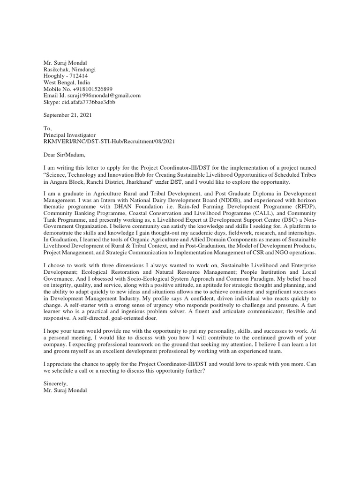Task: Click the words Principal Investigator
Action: [x=69, y=135]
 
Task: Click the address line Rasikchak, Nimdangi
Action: [x=72, y=69]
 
